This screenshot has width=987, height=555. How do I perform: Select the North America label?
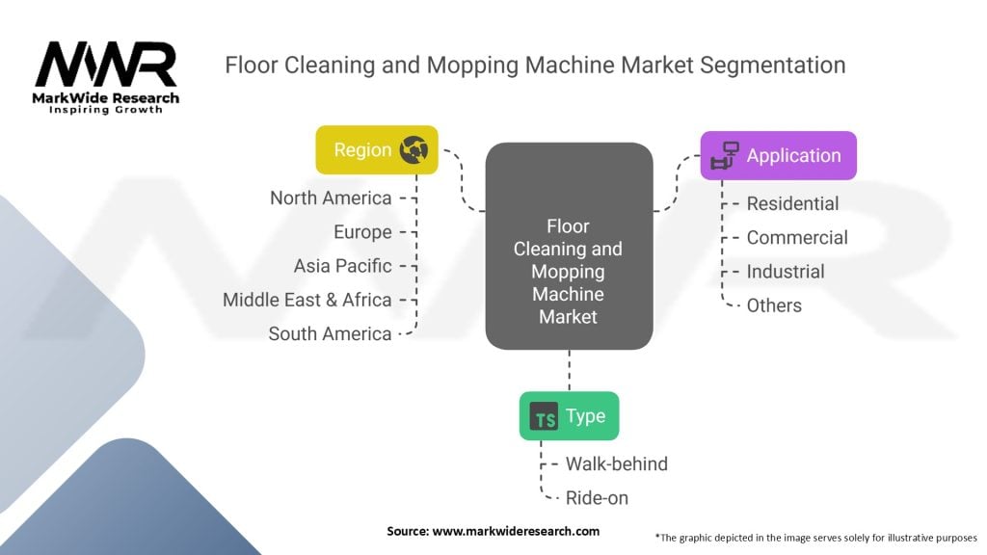click(x=331, y=198)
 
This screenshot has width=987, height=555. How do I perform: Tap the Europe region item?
click(x=362, y=232)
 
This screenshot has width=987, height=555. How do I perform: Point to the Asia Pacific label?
click(x=343, y=266)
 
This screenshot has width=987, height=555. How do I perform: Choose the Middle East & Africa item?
click(x=307, y=300)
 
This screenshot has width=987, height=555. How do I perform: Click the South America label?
click(x=330, y=334)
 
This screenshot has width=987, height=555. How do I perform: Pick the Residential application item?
click(x=792, y=203)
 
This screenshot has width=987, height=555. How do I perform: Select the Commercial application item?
click(x=797, y=238)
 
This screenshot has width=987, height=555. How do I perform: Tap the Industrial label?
click(x=786, y=272)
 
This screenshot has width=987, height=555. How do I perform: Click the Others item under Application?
click(x=774, y=305)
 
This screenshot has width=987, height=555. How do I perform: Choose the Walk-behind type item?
click(x=617, y=463)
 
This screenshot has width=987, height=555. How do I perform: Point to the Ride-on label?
click(x=598, y=498)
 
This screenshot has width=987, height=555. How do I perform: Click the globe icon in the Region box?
click(x=415, y=150)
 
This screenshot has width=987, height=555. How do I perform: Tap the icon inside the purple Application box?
click(x=724, y=156)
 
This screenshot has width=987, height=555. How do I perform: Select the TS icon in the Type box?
click(x=545, y=417)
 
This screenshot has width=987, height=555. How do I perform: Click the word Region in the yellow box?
click(x=362, y=150)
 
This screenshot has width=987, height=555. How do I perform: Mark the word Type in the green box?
click(x=585, y=416)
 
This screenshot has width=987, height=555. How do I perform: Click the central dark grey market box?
click(x=569, y=246)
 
